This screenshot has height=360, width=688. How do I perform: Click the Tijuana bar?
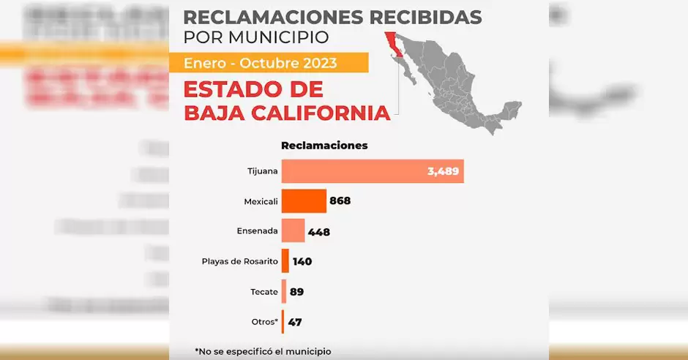coord(372,172)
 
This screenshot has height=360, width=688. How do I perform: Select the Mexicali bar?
coord(304,200)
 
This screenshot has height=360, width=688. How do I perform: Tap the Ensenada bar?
coord(293,231)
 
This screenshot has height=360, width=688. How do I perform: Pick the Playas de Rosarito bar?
coord(285,261)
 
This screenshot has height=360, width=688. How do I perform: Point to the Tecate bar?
coord(284,291)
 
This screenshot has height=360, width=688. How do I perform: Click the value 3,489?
coord(443,172)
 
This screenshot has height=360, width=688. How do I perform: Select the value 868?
coord(340,201)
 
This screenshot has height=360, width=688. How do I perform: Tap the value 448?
coord(319,232)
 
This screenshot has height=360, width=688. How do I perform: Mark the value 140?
coord(302,261)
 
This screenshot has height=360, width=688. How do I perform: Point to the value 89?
coord(296,292)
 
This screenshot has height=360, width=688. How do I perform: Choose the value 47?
coord(295,322)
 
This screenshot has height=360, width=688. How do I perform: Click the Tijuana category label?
coord(263,172)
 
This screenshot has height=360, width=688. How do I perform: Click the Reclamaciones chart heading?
coord(324,146)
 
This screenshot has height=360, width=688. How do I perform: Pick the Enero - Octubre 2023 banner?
coord(261,63)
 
